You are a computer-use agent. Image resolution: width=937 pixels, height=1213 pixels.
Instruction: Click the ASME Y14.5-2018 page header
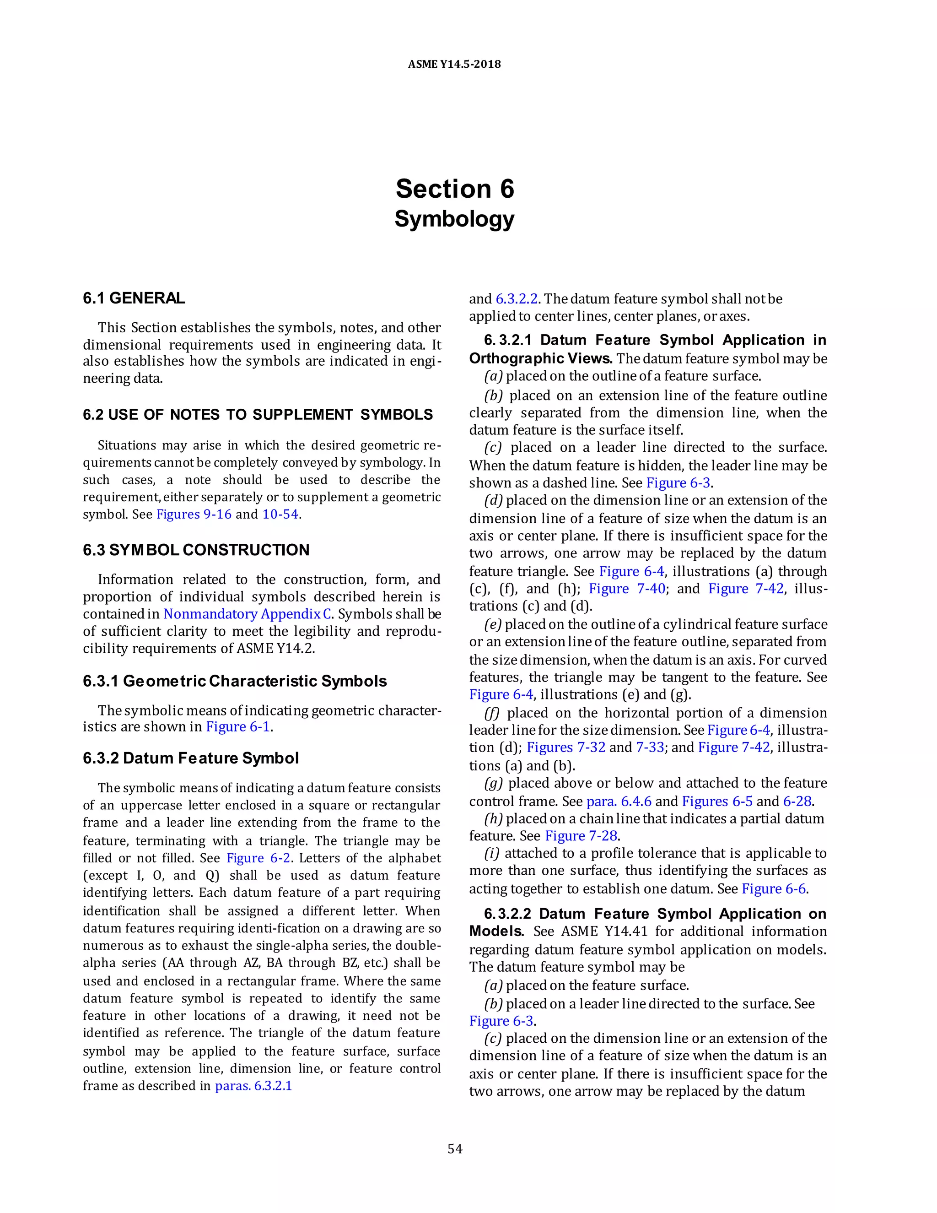[454, 65]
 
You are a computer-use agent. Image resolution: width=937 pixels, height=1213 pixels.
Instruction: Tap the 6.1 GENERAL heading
[134, 298]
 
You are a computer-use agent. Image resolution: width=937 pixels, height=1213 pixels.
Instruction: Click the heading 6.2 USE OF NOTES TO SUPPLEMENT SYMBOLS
[258, 415]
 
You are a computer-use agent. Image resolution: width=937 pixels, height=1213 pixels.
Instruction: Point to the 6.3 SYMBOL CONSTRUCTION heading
[196, 550]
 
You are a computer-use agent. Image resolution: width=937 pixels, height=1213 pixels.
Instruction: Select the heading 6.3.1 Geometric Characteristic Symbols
[235, 681]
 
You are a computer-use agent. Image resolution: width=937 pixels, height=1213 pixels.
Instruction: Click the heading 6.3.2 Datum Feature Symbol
[191, 758]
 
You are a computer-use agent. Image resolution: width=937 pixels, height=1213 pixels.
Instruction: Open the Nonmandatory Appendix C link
[248, 614]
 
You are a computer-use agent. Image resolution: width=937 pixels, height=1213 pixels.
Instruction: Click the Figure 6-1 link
[237, 726]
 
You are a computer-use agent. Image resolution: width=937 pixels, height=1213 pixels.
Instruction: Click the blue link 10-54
[280, 514]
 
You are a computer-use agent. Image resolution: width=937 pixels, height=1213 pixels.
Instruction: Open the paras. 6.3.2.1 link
[253, 1086]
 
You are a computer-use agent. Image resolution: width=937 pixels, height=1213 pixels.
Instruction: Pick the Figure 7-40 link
[627, 589]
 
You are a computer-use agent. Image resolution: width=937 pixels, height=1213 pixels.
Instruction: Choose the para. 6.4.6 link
[619, 801]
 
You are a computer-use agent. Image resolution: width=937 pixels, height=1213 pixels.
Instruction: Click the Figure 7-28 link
[581, 836]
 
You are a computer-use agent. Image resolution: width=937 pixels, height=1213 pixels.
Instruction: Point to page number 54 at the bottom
[455, 1148]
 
